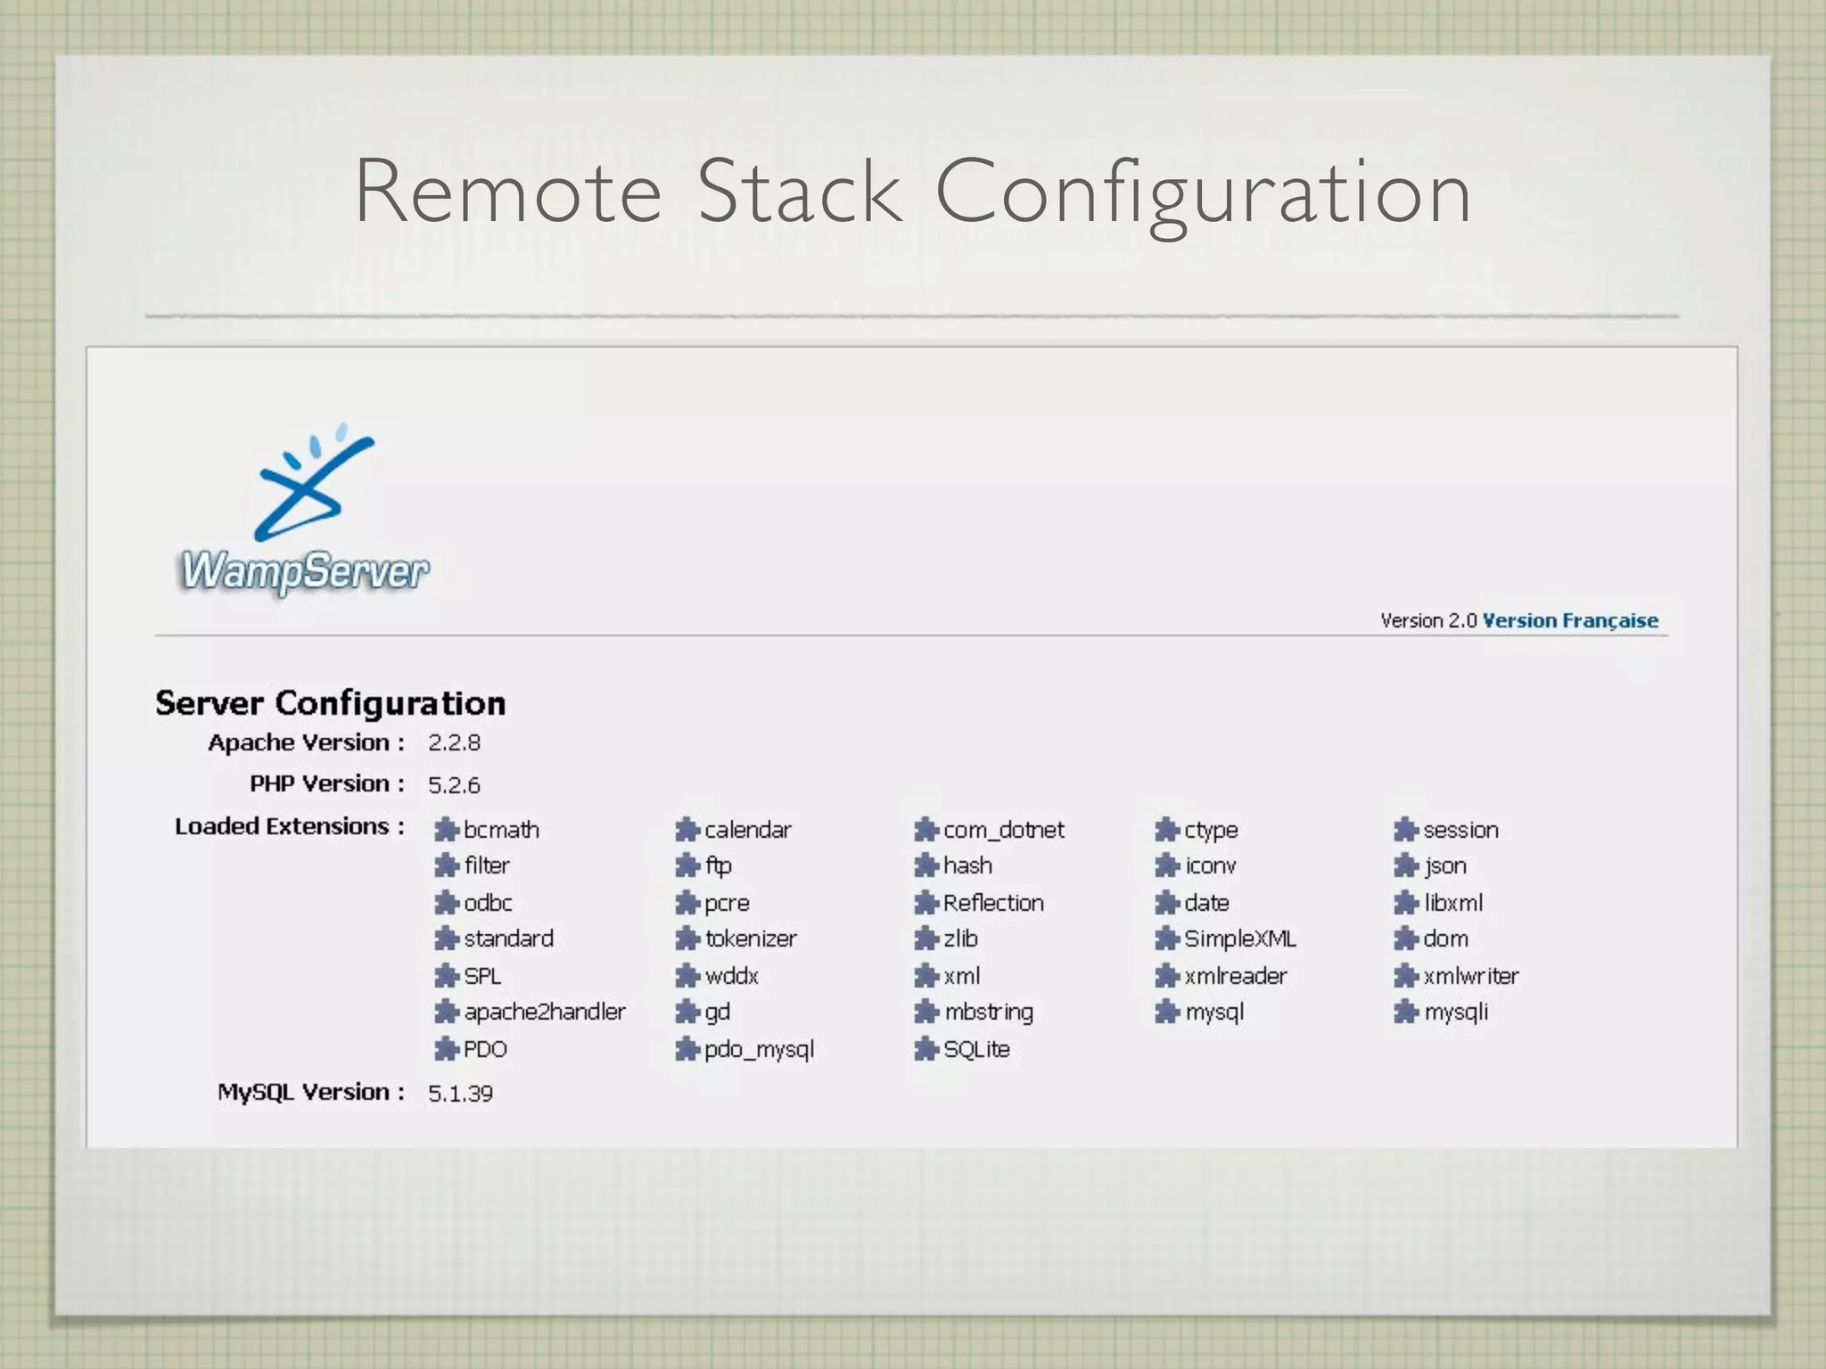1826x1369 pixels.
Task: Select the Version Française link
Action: coord(1569,620)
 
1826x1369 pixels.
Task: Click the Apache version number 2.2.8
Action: coord(454,742)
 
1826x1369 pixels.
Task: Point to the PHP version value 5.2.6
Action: coord(454,785)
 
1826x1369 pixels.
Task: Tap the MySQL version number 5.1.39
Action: coord(460,1094)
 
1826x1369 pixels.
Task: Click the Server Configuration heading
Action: coord(330,703)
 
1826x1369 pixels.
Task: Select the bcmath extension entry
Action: coord(501,830)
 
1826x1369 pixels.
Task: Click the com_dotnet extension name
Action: coord(1003,830)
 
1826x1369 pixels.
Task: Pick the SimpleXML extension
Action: coord(1239,939)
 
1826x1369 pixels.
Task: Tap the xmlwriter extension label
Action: coord(1470,976)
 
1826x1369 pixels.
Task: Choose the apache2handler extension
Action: coord(544,1012)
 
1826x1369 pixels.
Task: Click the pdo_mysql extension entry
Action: coord(759,1050)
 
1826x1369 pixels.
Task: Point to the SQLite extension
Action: coord(976,1049)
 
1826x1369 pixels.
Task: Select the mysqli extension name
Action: coord(1455,1012)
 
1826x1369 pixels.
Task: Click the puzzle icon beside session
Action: coord(1405,830)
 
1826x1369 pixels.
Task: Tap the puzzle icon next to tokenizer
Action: coord(686,939)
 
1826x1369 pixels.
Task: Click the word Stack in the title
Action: coord(799,192)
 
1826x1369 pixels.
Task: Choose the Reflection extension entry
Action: coord(992,903)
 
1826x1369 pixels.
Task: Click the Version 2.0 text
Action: coord(1428,620)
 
